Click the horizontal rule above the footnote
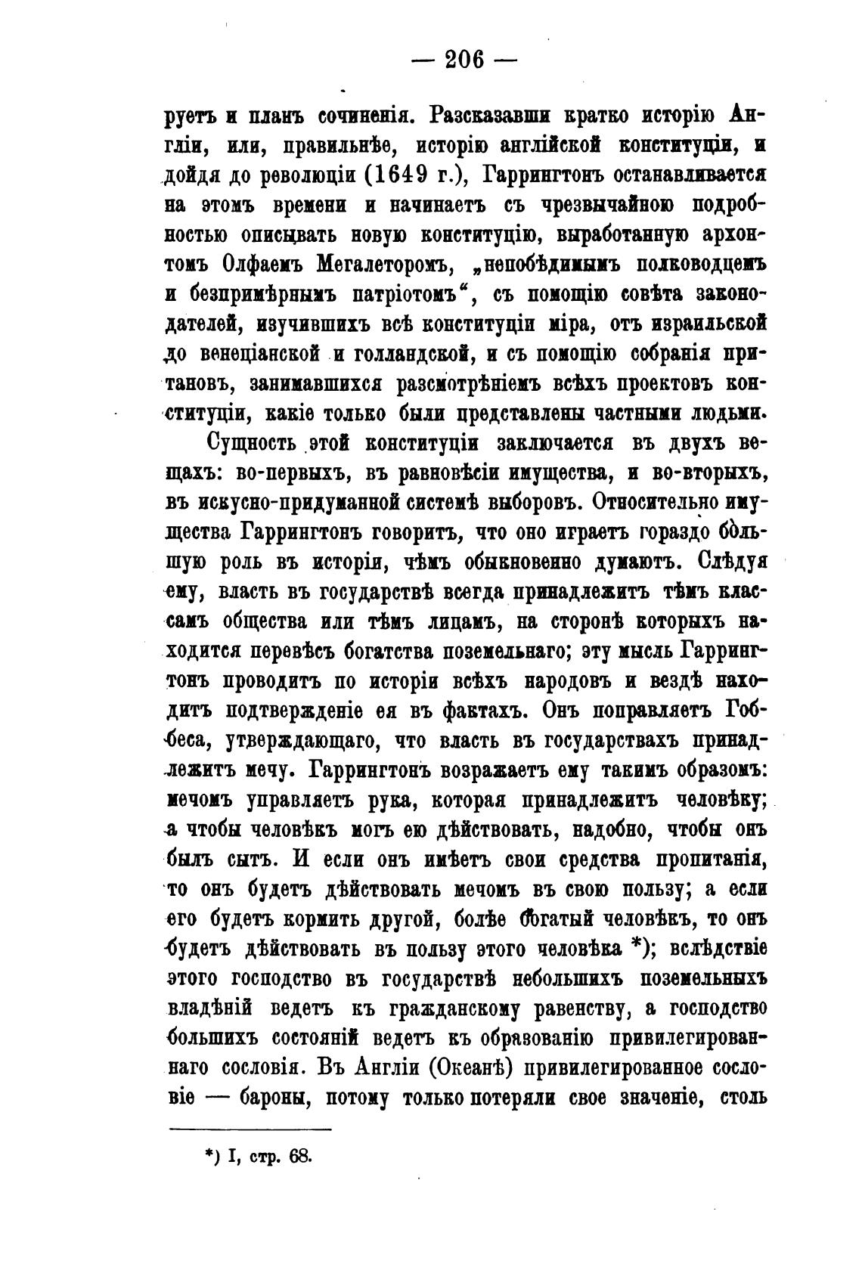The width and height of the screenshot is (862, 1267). [x=250, y=1129]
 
